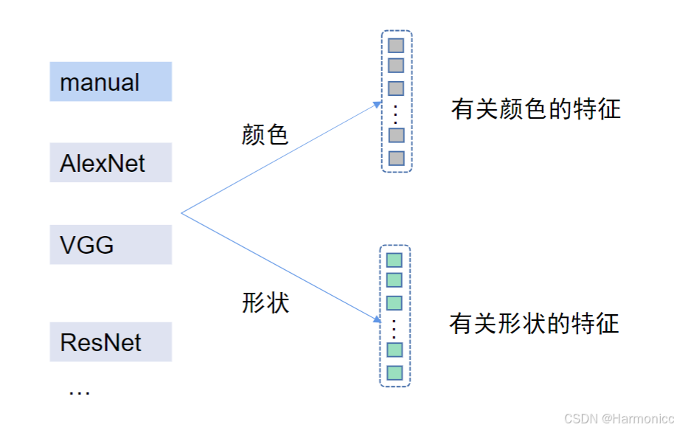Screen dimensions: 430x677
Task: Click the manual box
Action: point(111,82)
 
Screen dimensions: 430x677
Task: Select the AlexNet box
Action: point(111,162)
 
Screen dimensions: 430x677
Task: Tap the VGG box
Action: point(111,244)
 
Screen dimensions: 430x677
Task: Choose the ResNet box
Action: point(111,342)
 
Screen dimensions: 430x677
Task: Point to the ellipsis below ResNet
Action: point(79,392)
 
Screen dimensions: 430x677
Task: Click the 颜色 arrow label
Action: point(264,133)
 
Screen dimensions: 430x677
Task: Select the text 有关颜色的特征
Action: point(536,110)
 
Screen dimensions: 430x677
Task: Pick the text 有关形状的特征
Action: point(535,324)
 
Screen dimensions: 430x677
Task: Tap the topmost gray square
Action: point(396,45)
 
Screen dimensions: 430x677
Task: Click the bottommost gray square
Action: point(396,158)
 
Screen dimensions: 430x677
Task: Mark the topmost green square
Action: point(395,260)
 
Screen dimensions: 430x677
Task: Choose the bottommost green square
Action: point(395,372)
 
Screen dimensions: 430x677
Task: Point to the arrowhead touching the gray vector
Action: point(378,105)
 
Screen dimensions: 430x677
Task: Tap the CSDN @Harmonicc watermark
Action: point(614,418)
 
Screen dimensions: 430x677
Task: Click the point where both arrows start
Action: point(181,214)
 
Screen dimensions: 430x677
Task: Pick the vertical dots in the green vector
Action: point(395,327)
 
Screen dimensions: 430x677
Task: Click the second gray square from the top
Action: point(396,65)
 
